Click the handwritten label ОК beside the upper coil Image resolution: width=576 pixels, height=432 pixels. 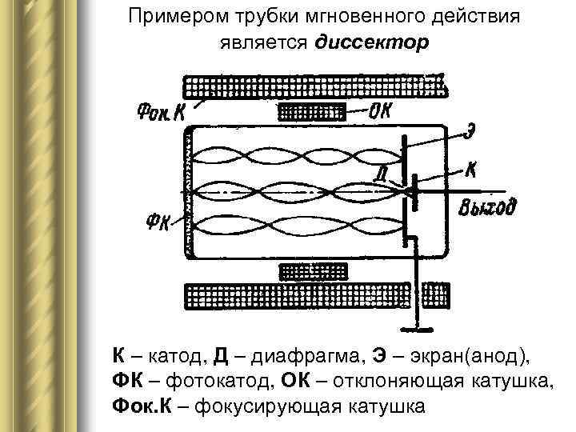click(x=381, y=111)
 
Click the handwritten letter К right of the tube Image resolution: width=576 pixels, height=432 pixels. click(x=473, y=170)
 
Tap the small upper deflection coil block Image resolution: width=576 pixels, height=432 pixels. click(x=312, y=112)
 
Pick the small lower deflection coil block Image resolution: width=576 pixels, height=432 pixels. click(x=312, y=272)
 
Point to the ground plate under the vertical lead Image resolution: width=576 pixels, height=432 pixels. click(x=417, y=327)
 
